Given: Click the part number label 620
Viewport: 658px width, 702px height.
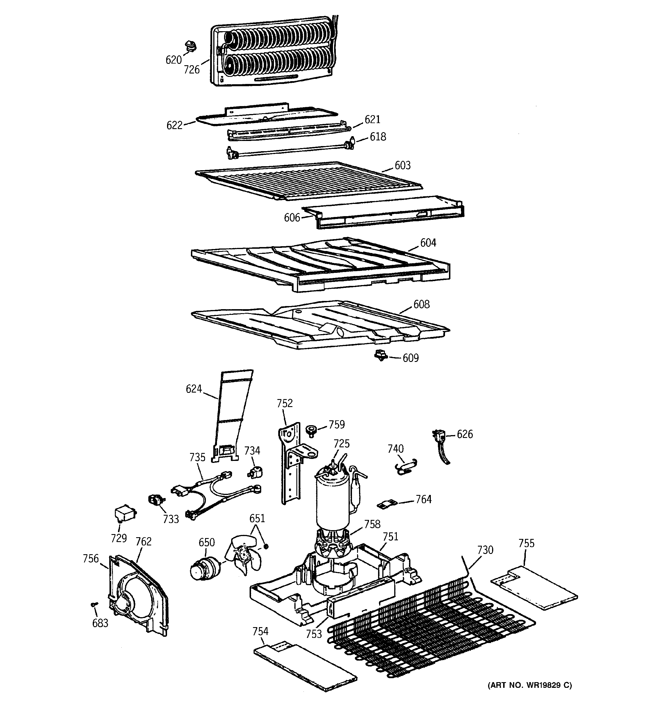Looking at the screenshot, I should click(173, 60).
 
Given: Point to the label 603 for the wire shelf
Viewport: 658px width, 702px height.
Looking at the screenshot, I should click(402, 165).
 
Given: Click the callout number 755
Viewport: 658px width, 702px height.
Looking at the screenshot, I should click(526, 543).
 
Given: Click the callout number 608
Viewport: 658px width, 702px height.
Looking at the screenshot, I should click(421, 304).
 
